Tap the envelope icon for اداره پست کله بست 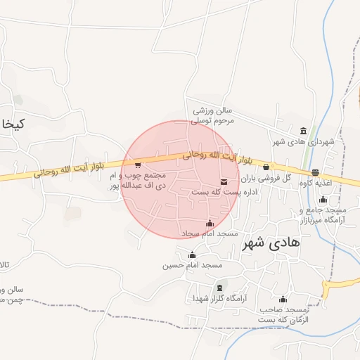[x=224, y=181]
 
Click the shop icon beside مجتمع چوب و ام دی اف [x=138, y=165]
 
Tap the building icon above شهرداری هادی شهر [x=303, y=131]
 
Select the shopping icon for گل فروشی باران [x=266, y=167]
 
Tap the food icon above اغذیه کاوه [x=315, y=172]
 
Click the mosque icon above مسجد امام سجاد [x=209, y=224]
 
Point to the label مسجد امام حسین [x=193, y=265]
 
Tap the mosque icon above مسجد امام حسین [x=193, y=255]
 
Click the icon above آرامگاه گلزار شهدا [x=221, y=288]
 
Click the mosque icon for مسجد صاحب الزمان [x=283, y=299]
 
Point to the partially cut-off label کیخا [x=13, y=124]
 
